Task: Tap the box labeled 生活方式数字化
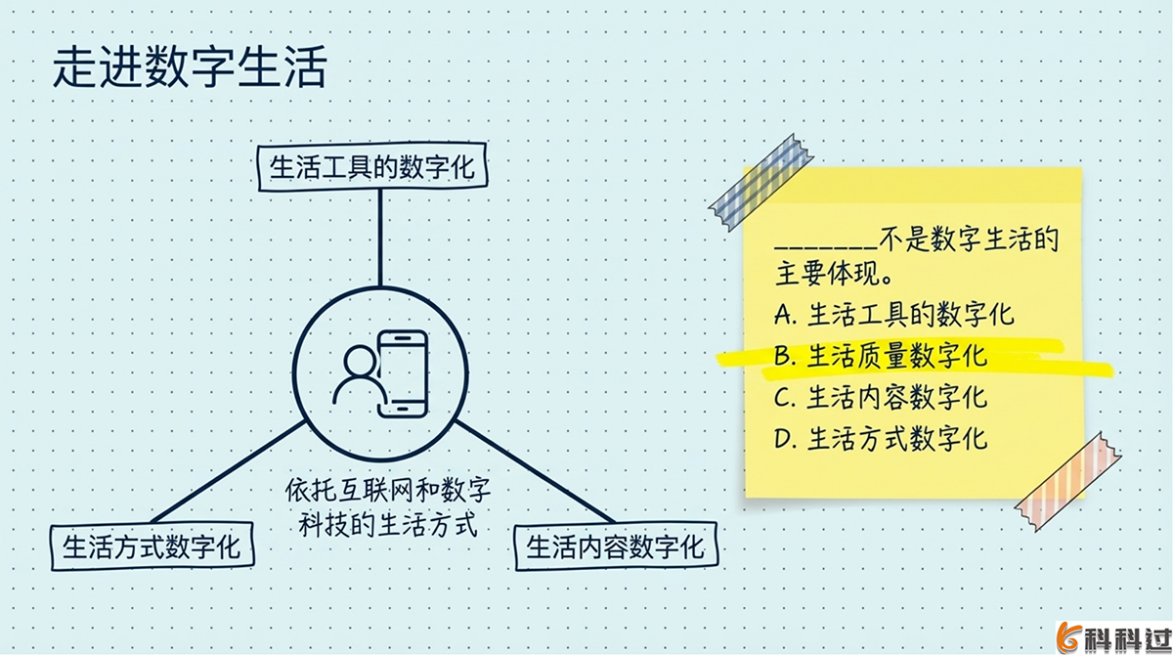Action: click(x=152, y=546)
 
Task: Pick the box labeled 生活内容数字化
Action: click(x=615, y=546)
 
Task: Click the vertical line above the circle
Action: click(x=378, y=239)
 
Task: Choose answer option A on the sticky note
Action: click(x=893, y=314)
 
